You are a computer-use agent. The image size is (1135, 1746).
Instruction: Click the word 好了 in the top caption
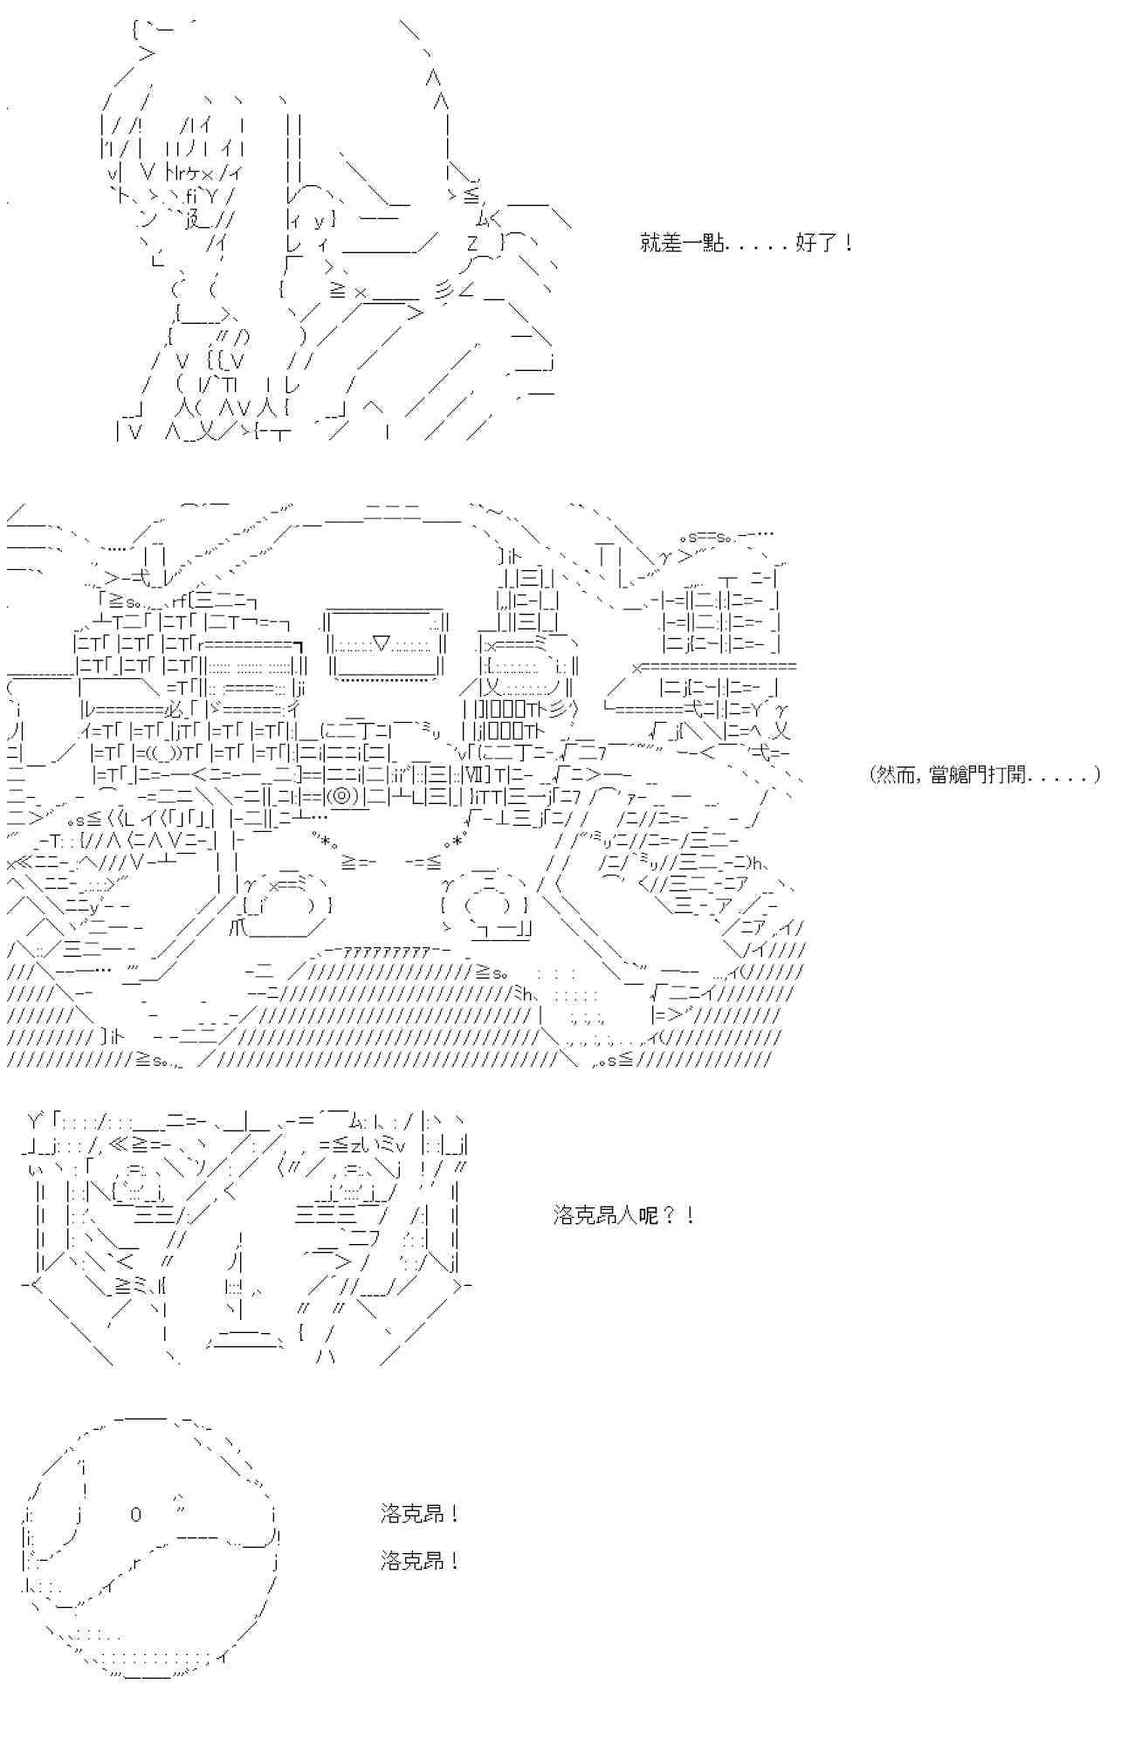(x=815, y=244)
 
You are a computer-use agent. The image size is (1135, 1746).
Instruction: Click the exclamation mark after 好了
(x=848, y=244)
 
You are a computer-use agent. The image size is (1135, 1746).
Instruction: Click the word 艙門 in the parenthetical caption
(x=964, y=774)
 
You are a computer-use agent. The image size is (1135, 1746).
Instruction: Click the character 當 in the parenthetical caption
(x=934, y=774)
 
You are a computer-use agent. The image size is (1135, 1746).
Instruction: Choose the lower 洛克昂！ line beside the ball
(x=419, y=1560)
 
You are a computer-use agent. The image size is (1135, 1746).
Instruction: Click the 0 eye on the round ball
(x=135, y=1515)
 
